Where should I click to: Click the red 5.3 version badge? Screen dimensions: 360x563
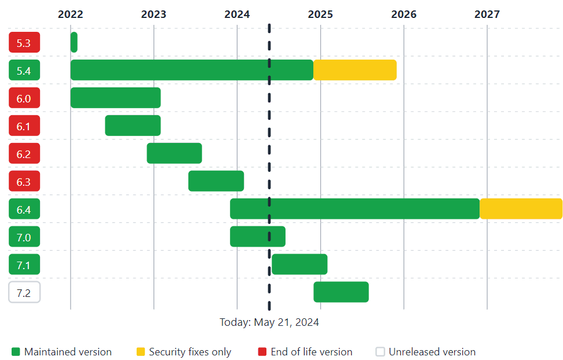pyautogui.click(x=24, y=42)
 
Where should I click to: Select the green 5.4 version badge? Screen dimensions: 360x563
pyautogui.click(x=24, y=70)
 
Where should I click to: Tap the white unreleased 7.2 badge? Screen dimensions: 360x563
pyautogui.click(x=24, y=292)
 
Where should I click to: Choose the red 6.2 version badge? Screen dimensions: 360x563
pyautogui.click(x=24, y=153)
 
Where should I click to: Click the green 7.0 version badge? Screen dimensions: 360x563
pyautogui.click(x=24, y=237)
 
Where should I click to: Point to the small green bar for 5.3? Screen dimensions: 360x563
pyautogui.click(x=74, y=42)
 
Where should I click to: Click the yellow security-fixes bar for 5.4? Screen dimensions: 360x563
pyautogui.click(x=355, y=70)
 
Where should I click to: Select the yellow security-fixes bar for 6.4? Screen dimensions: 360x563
pyautogui.click(x=521, y=209)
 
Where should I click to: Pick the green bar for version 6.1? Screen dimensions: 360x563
pyautogui.click(x=133, y=126)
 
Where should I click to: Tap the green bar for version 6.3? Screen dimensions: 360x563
pyautogui.click(x=216, y=181)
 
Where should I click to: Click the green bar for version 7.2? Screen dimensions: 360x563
pyautogui.click(x=341, y=292)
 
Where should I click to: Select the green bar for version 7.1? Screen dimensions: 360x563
pyautogui.click(x=299, y=265)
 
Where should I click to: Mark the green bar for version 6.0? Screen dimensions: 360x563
pyautogui.click(x=115, y=98)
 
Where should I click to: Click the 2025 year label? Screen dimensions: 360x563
pyautogui.click(x=320, y=14)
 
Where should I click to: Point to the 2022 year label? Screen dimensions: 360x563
pyautogui.click(x=71, y=14)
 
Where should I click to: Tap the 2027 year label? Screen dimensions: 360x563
pyautogui.click(x=487, y=14)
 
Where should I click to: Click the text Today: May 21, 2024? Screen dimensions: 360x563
pyautogui.click(x=269, y=322)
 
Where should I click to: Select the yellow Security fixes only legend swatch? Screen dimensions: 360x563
pyautogui.click(x=141, y=352)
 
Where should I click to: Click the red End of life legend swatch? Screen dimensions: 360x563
pyautogui.click(x=262, y=352)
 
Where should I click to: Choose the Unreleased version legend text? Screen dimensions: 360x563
pyautogui.click(x=432, y=352)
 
